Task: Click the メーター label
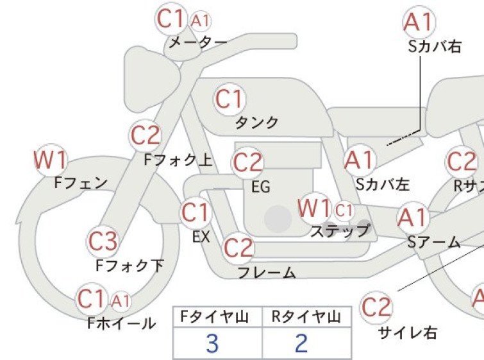198,42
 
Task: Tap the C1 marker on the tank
229,99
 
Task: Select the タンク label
257,123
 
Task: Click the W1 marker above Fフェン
50,160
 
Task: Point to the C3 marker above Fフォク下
103,241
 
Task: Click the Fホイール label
122,323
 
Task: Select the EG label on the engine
261,187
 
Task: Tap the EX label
201,237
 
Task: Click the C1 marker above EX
196,212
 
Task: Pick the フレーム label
267,273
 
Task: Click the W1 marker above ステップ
315,209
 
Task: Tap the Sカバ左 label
383,184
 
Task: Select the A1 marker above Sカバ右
419,22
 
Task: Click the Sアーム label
434,243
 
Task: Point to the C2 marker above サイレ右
376,307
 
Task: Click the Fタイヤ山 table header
215,317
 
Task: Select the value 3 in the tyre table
212,343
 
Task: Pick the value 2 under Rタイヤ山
301,343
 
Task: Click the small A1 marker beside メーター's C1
200,21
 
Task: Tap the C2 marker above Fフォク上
146,135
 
